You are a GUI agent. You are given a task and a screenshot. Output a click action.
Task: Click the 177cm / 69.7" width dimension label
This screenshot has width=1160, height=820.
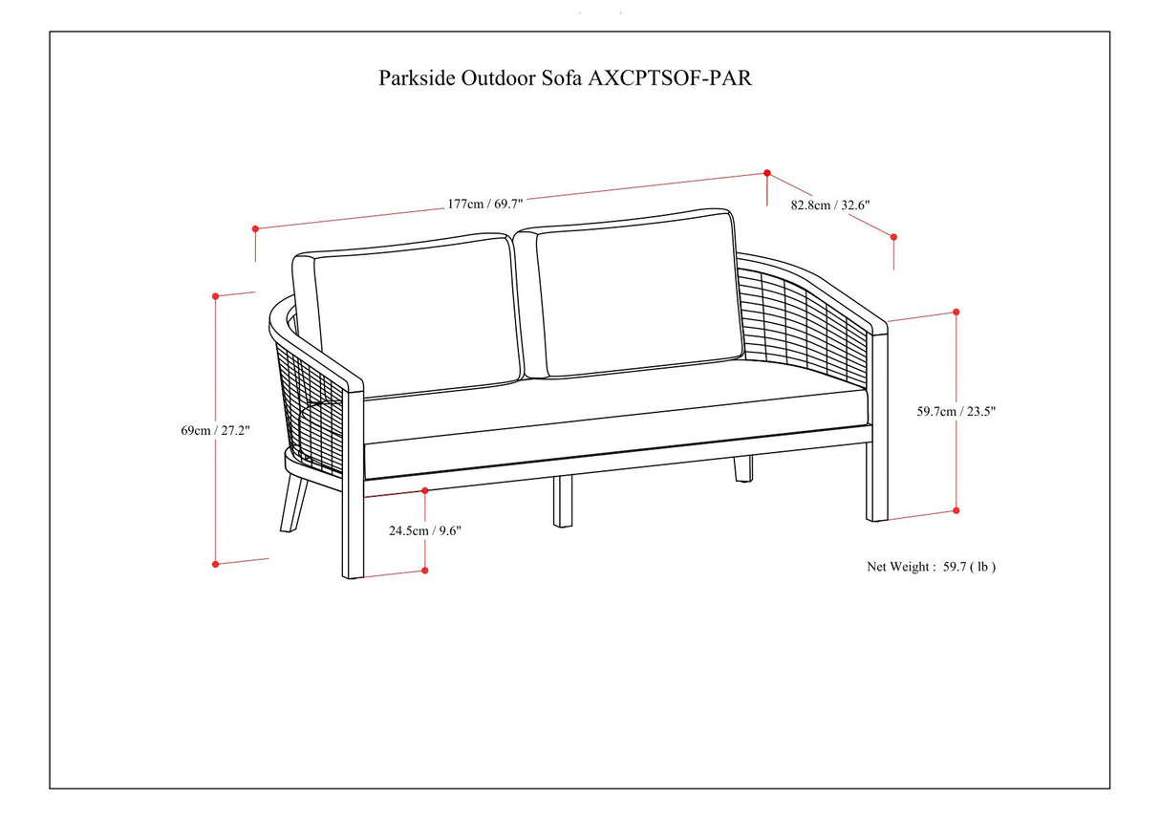point(485,204)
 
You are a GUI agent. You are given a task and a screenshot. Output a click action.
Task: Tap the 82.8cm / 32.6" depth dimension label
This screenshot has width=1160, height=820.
point(830,205)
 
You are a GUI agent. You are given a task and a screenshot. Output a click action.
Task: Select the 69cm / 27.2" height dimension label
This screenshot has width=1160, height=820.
point(215,430)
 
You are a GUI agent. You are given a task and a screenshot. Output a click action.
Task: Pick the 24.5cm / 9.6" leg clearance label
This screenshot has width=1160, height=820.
point(425,531)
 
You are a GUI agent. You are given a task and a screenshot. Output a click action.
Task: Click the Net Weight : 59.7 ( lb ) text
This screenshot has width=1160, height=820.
point(931,567)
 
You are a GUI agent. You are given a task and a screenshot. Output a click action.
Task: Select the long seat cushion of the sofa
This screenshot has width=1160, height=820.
point(612,411)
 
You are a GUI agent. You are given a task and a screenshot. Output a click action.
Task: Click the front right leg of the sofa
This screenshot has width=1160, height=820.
point(877,478)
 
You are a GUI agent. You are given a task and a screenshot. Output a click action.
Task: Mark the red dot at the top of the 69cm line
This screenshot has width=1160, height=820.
point(216,296)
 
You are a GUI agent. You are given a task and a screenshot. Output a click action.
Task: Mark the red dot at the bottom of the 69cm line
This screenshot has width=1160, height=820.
point(216,564)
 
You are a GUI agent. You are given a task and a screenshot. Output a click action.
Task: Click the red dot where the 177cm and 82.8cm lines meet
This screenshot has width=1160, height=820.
point(767,173)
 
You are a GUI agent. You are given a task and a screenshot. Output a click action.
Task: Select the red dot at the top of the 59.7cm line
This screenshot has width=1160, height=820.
point(956,312)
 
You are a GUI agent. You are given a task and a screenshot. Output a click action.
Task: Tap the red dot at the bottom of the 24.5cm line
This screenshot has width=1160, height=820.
point(425,571)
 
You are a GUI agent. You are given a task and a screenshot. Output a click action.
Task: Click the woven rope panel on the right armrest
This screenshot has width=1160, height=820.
point(803,315)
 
